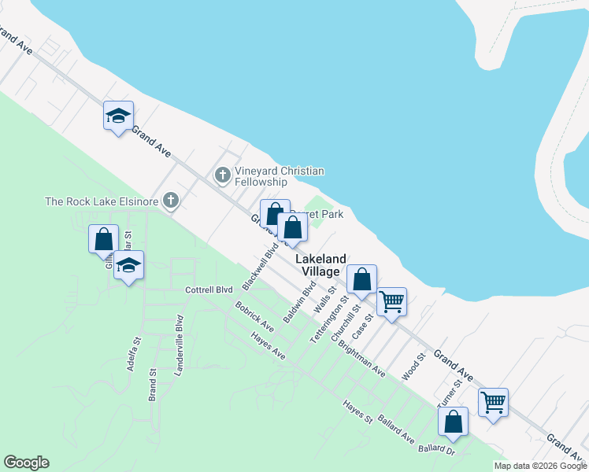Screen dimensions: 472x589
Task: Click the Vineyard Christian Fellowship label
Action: (x=280, y=177)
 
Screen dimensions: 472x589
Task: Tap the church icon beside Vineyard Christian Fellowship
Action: (x=223, y=174)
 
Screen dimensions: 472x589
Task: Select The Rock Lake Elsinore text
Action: (x=102, y=201)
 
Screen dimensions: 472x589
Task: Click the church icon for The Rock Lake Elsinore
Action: (x=170, y=201)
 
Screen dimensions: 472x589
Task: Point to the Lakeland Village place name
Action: (x=320, y=264)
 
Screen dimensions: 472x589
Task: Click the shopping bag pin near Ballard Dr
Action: (x=454, y=422)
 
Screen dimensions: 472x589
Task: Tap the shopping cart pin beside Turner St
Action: (x=493, y=402)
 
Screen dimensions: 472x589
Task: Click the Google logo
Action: (x=26, y=463)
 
